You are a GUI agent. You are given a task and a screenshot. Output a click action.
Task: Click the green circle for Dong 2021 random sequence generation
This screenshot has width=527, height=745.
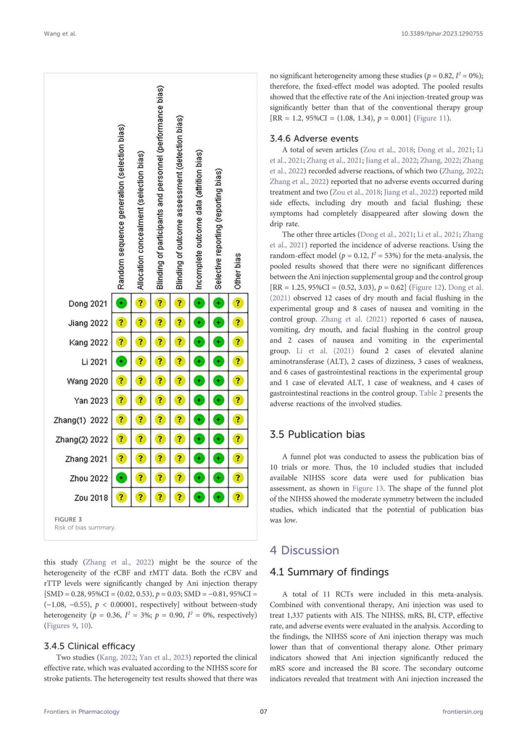tap(121, 303)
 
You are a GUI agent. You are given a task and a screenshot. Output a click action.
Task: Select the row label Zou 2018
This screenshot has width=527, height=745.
tap(91, 498)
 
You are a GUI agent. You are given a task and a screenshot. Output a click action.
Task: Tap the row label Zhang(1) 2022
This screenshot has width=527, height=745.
tap(81, 420)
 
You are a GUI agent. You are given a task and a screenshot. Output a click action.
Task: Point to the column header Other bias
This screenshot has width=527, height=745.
tap(238, 271)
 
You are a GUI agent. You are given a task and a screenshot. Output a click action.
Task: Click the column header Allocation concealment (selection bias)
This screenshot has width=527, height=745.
tap(141, 220)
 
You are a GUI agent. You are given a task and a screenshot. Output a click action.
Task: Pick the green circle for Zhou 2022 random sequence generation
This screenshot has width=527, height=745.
tap(121, 478)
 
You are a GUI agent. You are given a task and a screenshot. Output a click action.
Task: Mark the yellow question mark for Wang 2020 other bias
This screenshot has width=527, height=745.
tap(238, 381)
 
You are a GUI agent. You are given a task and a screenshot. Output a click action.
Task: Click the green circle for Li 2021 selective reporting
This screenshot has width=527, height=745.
tap(219, 361)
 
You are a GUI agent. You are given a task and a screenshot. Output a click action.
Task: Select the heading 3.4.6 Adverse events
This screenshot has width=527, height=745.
tap(314, 139)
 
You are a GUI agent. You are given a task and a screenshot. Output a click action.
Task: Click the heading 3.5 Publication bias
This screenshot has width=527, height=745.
tap(317, 434)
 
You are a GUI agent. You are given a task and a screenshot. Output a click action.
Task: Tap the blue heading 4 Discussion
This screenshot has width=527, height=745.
tap(304, 550)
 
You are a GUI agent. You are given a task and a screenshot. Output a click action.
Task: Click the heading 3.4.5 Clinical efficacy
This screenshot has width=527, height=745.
tap(89, 646)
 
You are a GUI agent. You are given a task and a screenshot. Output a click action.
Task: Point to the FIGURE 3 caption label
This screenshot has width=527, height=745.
tap(68, 519)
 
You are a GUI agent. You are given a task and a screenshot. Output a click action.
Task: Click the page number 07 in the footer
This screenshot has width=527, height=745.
tap(263, 711)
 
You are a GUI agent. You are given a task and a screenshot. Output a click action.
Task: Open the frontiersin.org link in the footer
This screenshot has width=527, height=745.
tap(463, 711)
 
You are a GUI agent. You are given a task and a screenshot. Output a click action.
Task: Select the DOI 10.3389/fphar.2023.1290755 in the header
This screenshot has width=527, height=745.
tap(442, 34)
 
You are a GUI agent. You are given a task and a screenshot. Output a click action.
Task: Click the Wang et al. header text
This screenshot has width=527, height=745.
tap(60, 34)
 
